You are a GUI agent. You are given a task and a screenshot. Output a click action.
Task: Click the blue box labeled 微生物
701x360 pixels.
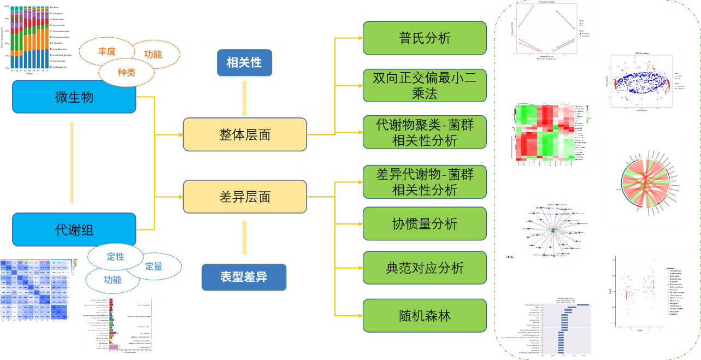tap(74, 97)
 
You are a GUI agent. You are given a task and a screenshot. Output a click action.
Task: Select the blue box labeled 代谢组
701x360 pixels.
tap(74, 230)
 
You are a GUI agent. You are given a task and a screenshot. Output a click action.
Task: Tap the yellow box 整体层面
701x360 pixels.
tap(245, 134)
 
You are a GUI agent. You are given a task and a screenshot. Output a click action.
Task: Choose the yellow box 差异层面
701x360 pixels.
tap(245, 197)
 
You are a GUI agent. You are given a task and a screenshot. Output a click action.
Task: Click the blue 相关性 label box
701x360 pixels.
tap(244, 62)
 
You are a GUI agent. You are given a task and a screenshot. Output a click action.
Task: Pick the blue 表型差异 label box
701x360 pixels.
tap(244, 276)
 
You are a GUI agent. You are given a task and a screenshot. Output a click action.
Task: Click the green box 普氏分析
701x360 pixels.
tap(425, 38)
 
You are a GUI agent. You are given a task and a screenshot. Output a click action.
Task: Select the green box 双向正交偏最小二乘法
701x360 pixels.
tap(425, 85)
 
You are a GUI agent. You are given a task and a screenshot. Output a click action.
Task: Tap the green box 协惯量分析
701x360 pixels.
tap(425, 224)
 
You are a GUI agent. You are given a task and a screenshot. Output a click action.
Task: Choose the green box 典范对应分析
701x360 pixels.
tap(425, 268)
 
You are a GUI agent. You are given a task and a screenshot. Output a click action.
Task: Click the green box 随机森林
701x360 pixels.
tap(425, 316)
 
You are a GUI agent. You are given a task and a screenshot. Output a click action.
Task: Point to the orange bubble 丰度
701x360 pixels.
tap(107, 52)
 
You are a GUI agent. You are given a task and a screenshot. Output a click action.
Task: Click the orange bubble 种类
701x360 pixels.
tap(126, 72)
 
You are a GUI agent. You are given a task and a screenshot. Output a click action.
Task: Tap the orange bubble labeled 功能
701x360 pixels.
tap(153, 54)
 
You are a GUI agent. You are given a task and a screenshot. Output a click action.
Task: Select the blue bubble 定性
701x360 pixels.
tap(115, 257)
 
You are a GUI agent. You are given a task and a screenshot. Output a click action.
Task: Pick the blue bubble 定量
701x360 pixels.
tap(154, 267)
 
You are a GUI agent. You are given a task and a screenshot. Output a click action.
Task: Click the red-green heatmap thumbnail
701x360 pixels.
tap(551, 133)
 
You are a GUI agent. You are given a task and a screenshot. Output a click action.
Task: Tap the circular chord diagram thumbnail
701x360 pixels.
tap(645, 183)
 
